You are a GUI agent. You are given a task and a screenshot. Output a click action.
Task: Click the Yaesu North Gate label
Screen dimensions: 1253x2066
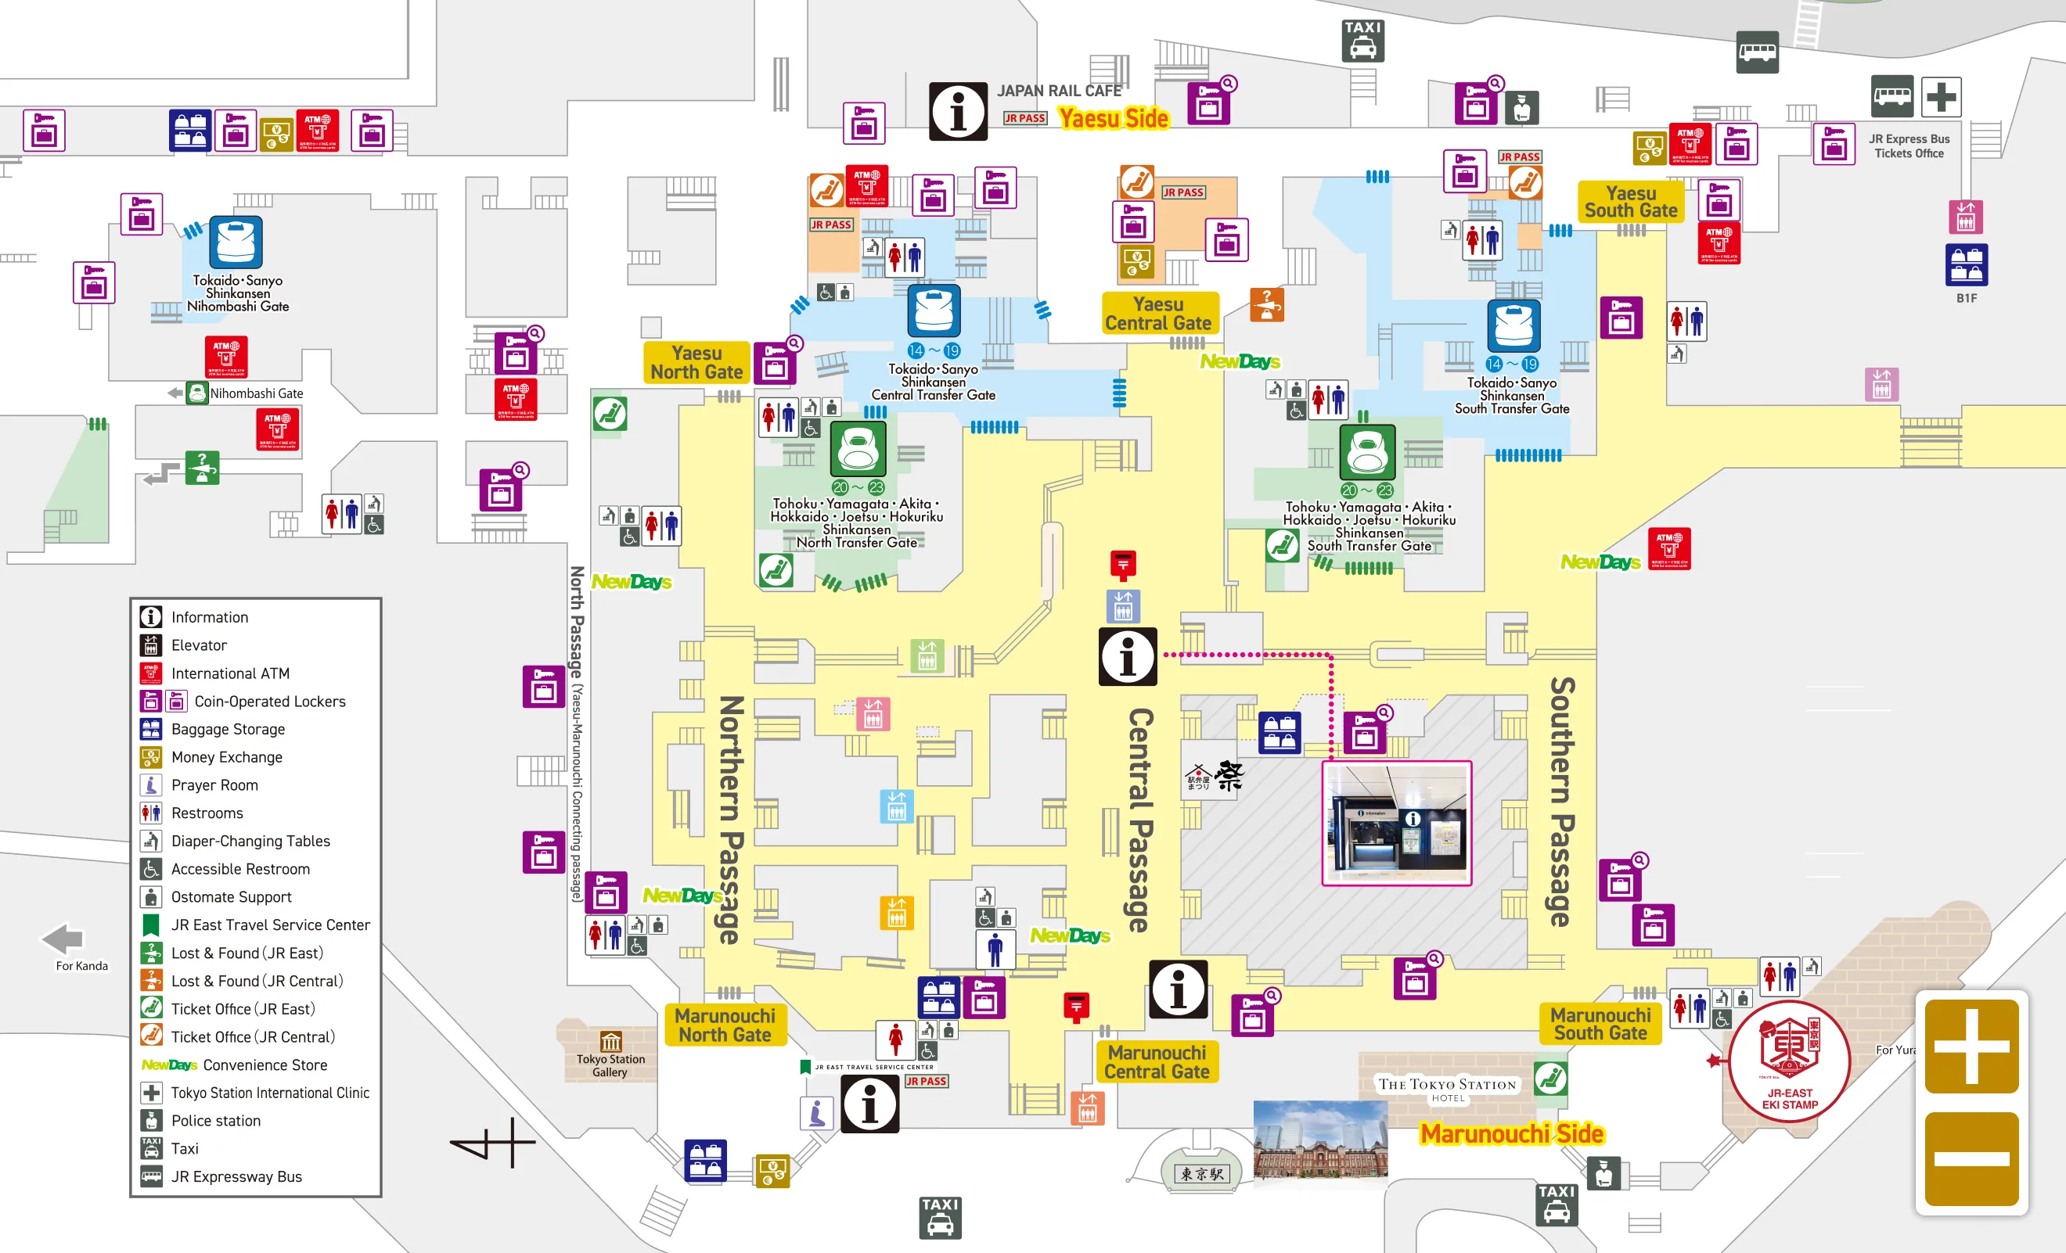pyautogui.click(x=696, y=363)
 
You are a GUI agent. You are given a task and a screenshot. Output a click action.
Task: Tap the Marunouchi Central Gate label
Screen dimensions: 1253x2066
pyautogui.click(x=1157, y=1062)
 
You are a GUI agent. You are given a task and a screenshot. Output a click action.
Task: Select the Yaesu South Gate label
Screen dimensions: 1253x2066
pyautogui.click(x=1630, y=202)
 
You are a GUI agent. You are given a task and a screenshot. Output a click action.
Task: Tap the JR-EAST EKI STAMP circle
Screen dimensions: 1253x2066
pyautogui.click(x=1788, y=1061)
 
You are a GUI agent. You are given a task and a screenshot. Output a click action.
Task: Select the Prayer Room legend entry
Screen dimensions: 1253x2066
pyautogui.click(x=214, y=785)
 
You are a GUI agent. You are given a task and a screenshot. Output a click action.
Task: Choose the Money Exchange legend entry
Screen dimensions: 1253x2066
pyautogui.click(x=226, y=757)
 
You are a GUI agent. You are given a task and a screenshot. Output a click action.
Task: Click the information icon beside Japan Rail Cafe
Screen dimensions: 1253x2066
pyautogui.click(x=958, y=110)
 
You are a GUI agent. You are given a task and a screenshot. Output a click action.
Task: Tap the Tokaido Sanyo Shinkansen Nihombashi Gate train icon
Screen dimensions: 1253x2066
pyautogui.click(x=236, y=242)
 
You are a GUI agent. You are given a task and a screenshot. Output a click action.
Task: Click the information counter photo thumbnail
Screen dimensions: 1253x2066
pyautogui.click(x=1396, y=823)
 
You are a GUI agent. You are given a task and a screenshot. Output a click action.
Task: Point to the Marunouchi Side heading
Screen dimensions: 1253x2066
pyautogui.click(x=1511, y=1134)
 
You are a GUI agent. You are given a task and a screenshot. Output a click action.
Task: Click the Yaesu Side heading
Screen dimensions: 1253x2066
pyautogui.click(x=1113, y=119)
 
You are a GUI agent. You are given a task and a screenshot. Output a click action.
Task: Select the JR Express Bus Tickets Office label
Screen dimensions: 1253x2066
pyautogui.click(x=1909, y=145)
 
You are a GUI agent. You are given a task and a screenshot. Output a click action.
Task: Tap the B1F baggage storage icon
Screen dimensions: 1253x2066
pyautogui.click(x=1965, y=265)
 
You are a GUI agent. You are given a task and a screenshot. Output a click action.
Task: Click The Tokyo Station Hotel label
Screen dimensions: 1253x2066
pyautogui.click(x=1447, y=1088)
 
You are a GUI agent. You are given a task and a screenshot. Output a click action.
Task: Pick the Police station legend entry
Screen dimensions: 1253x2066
pyautogui.click(x=215, y=1121)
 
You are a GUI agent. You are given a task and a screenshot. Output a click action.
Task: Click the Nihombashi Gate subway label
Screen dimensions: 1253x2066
pyautogui.click(x=255, y=393)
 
